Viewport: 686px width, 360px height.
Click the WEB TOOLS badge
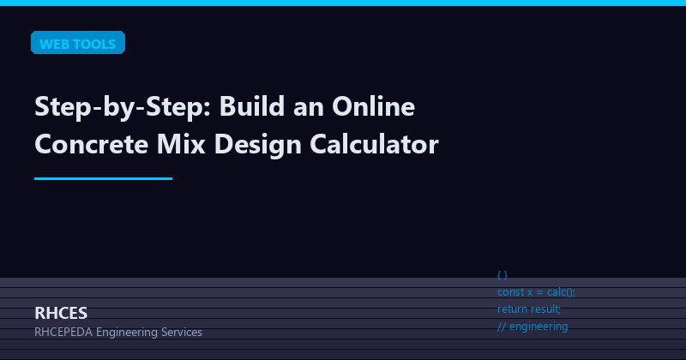click(x=78, y=44)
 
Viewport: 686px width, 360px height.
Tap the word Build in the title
click(x=253, y=109)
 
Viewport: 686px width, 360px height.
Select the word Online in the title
click(x=373, y=109)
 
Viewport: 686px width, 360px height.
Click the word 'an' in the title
click(x=308, y=109)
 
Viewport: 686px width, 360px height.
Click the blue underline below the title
click(x=103, y=178)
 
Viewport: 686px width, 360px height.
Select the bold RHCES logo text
click(x=61, y=313)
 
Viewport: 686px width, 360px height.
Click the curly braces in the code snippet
click(x=502, y=275)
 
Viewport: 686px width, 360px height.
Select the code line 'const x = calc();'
click(x=537, y=292)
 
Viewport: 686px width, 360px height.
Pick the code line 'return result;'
click(x=529, y=309)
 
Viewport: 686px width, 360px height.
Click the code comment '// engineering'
click(x=533, y=326)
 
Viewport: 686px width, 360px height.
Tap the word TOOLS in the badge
click(x=95, y=44)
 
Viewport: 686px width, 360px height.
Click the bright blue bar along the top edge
click(x=343, y=3)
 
